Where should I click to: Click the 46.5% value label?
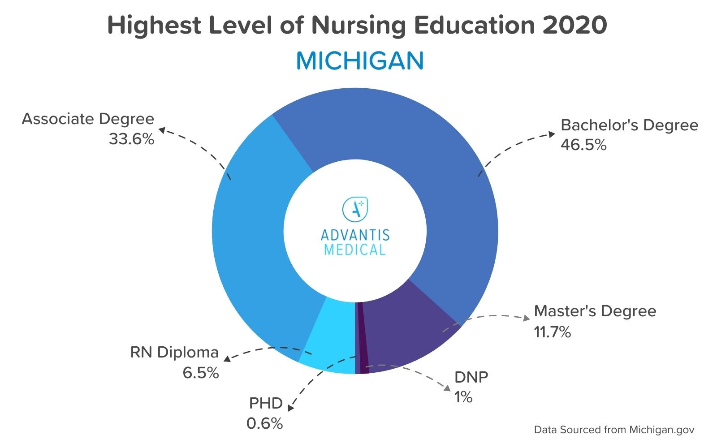[583, 145]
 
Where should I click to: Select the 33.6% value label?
[131, 139]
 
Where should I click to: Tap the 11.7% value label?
[552, 332]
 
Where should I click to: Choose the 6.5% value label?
[200, 373]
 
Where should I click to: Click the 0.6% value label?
[264, 423]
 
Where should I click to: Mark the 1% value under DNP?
[463, 397]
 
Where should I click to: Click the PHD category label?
[266, 403]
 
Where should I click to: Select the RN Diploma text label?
[174, 353]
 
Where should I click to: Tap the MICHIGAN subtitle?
[359, 61]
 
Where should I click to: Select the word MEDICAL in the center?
[354, 250]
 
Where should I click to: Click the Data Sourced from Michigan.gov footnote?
[614, 430]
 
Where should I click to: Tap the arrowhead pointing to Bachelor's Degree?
[552, 134]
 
